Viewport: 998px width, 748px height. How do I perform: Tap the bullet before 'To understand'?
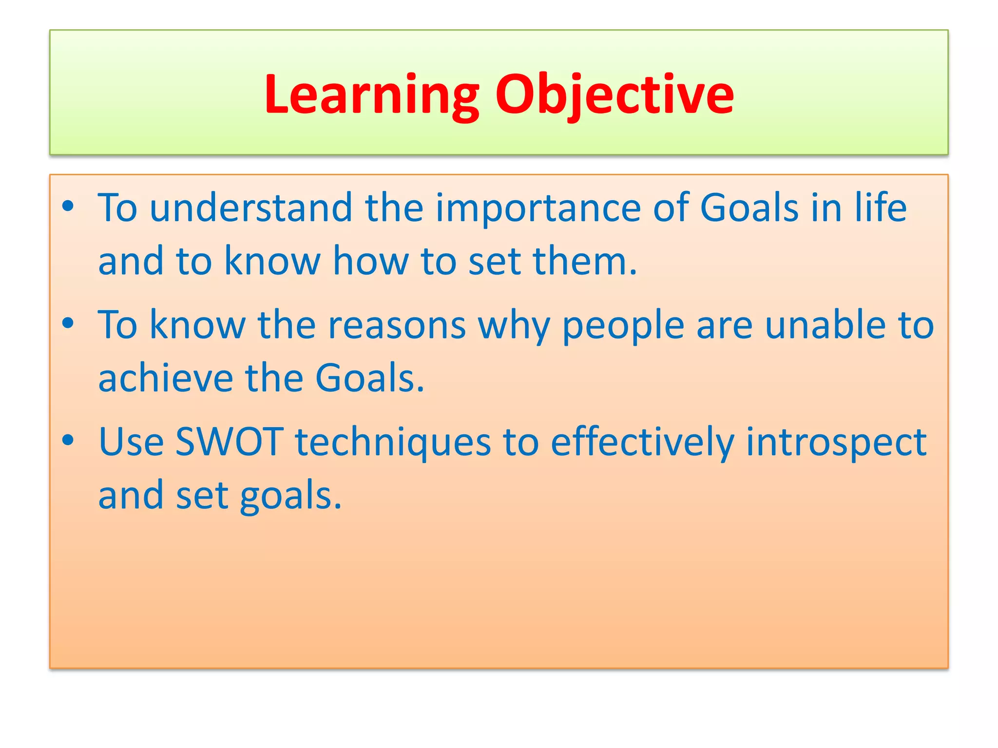[x=68, y=206]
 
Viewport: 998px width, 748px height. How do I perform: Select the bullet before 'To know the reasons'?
[x=68, y=323]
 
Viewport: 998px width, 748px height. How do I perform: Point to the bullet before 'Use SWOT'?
[x=68, y=440]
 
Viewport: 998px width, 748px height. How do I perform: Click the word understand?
[x=250, y=208]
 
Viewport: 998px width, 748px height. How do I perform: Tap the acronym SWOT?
[x=229, y=442]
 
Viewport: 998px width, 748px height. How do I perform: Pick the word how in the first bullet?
[x=370, y=262]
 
